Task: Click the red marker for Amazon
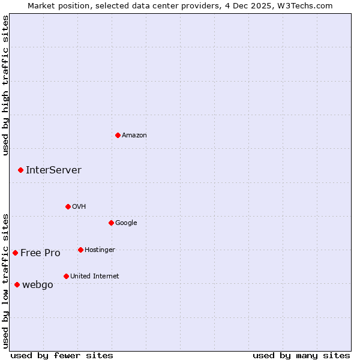pos(118,135)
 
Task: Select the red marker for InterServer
pos(20,170)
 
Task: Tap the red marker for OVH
pos(68,206)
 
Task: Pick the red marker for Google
pos(111,223)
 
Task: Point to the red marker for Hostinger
pos(80,250)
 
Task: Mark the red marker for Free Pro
pos(15,253)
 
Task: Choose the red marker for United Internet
pos(66,276)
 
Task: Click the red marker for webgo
pos(17,284)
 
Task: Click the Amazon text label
pos(134,136)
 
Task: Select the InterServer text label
pos(53,170)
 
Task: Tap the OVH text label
pos(79,207)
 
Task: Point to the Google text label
pos(126,223)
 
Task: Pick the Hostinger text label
pos(100,250)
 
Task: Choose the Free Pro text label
pos(40,253)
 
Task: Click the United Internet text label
pos(94,277)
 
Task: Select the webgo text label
pos(37,285)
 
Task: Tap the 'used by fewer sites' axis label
pos(62,356)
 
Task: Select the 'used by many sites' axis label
pos(301,356)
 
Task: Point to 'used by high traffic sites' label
pos(6,86)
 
